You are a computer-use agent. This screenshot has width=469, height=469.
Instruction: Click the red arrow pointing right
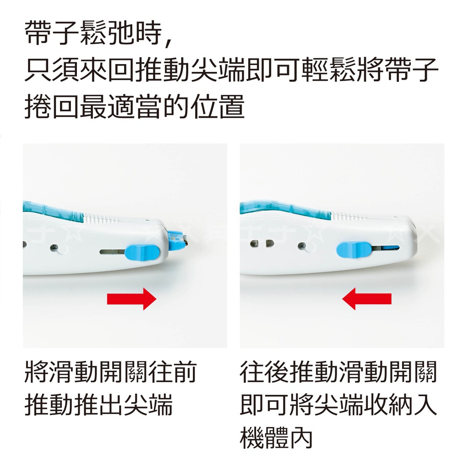pyautogui.click(x=132, y=299)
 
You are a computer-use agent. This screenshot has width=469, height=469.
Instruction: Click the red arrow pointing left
pyautogui.click(x=367, y=299)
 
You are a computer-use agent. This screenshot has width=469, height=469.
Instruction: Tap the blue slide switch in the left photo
pyautogui.click(x=142, y=251)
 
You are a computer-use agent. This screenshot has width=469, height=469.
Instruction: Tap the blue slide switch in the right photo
pyautogui.click(x=354, y=250)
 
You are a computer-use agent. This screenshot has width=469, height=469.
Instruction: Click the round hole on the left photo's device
pyautogui.click(x=55, y=248)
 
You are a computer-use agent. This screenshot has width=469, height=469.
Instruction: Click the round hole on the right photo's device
pyautogui.click(x=302, y=246)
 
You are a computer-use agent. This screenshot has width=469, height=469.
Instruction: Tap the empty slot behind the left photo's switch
pyautogui.click(x=112, y=251)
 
